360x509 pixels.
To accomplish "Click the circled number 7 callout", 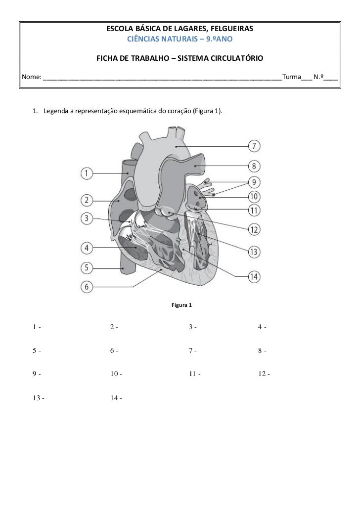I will pyautogui.click(x=254, y=146).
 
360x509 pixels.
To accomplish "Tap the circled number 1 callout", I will pyautogui.click(x=87, y=173).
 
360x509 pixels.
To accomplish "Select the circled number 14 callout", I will pyautogui.click(x=254, y=276).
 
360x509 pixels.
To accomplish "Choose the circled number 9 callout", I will pyautogui.click(x=254, y=181).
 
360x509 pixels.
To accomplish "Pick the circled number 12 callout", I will pyautogui.click(x=254, y=229).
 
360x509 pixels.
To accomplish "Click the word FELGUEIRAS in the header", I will pyautogui.click(x=229, y=30).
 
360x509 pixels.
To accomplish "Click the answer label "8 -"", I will pyautogui.click(x=262, y=351).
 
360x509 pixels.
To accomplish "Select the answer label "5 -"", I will pyautogui.click(x=36, y=351).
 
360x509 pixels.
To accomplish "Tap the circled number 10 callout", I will pyautogui.click(x=254, y=196).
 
